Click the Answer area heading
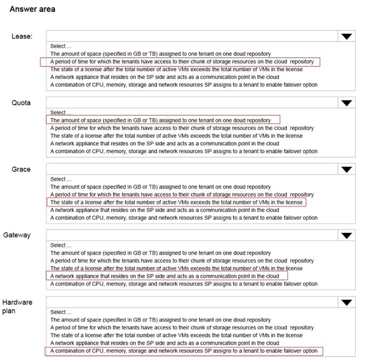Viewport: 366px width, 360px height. pos(32,9)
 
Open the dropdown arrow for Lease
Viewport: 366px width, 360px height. pos(346,37)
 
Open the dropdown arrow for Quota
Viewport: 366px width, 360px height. pos(346,103)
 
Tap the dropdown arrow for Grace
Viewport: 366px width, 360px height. pos(346,170)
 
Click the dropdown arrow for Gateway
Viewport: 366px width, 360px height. pos(346,236)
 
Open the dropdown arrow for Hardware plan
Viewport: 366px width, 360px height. pos(346,303)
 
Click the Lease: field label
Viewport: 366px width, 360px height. pos(22,37)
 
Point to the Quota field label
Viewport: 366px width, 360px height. pos(21,103)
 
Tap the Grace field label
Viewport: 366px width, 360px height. pos(21,169)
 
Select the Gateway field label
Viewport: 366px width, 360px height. pos(17,235)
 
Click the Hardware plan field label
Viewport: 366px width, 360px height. pos(17,307)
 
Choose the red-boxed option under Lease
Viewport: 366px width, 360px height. pos(181,62)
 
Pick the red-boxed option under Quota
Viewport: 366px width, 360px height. pos(161,120)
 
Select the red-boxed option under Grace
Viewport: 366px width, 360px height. pos(176,202)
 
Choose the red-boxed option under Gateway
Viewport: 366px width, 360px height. pos(165,276)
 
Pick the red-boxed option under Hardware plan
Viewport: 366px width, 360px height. pos(184,351)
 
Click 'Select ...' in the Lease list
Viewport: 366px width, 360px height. pos(61,46)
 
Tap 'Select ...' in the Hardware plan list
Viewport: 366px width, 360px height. pos(61,312)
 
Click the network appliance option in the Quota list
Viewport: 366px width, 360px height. pos(165,143)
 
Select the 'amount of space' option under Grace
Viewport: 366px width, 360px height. pos(161,187)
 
